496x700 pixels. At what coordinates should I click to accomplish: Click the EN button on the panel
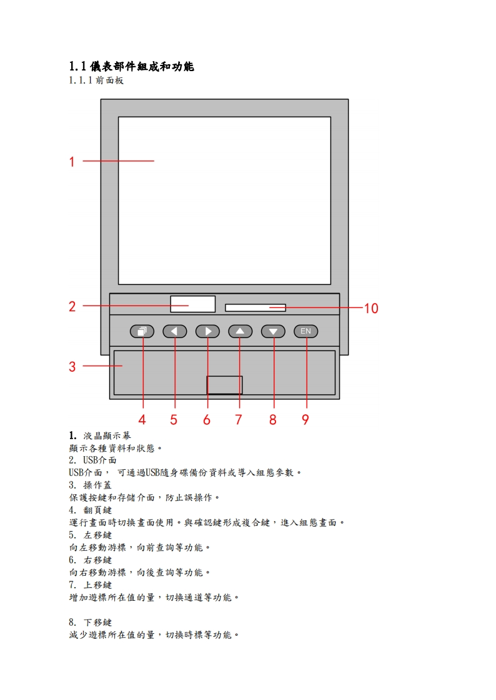point(305,331)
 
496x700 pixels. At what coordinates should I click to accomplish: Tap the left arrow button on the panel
point(175,331)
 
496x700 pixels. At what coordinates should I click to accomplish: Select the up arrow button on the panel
point(240,331)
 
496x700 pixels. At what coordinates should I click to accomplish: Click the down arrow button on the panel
point(273,331)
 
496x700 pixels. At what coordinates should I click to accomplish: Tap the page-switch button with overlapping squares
point(142,331)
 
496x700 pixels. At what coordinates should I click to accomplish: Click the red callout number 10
point(371,308)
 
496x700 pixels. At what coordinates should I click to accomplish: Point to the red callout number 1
point(72,162)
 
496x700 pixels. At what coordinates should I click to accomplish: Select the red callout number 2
point(72,306)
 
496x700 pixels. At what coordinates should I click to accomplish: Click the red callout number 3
point(72,367)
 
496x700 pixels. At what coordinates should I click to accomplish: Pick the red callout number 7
point(239,420)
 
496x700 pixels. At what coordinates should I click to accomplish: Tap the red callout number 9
point(305,420)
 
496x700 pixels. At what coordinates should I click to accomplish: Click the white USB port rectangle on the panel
point(192,304)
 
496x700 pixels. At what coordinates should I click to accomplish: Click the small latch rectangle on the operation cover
point(225,385)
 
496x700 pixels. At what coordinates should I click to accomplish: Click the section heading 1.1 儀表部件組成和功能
point(131,66)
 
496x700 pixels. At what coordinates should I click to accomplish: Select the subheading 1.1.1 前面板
point(96,80)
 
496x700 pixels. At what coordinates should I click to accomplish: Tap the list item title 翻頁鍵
point(97,510)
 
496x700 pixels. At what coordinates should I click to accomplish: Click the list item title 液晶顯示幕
point(107,435)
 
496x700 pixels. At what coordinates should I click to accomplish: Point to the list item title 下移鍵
point(97,622)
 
